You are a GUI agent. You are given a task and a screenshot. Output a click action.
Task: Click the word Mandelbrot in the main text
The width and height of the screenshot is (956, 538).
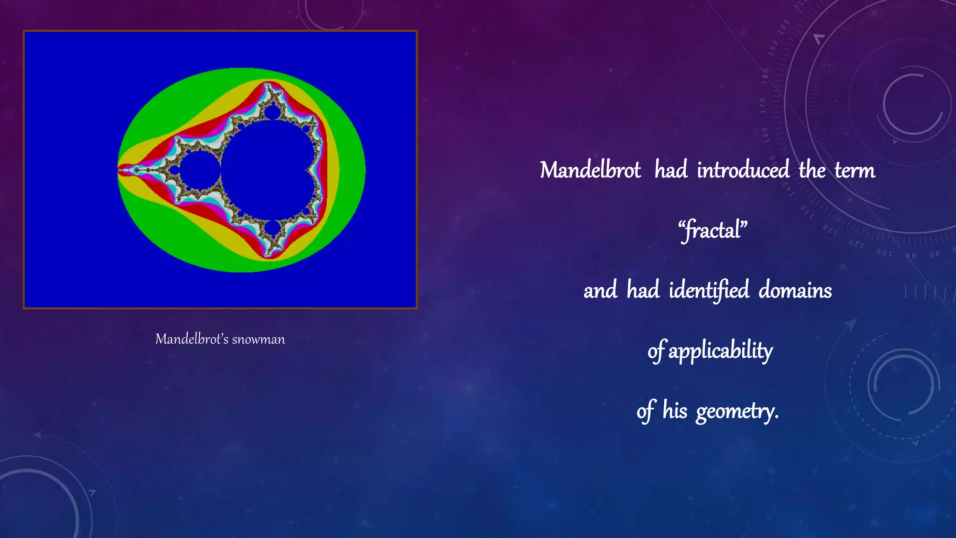(590, 170)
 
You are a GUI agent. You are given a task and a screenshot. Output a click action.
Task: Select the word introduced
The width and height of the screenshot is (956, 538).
(743, 170)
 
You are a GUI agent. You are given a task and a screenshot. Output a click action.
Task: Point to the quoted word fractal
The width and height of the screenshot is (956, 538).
(712, 231)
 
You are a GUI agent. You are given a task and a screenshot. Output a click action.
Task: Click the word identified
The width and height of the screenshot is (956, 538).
(709, 290)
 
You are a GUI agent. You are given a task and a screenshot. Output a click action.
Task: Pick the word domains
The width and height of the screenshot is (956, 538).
(795, 290)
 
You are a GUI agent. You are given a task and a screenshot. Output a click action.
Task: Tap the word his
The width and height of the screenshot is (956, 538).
(675, 411)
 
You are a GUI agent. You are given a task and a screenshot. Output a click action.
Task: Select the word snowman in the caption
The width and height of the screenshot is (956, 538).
(258, 339)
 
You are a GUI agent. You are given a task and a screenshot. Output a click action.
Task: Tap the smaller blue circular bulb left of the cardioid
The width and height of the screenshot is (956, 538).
(200, 170)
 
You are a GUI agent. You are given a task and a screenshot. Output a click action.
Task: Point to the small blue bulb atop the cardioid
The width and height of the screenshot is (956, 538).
(272, 113)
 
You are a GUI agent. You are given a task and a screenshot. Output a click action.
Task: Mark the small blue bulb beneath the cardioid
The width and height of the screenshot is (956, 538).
(272, 228)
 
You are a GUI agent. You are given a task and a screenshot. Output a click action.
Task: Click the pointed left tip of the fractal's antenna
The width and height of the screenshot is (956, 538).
(119, 170)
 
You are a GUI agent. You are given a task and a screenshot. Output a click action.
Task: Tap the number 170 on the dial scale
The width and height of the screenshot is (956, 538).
(763, 106)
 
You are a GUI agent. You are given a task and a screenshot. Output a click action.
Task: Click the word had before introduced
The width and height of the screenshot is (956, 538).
(671, 170)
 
